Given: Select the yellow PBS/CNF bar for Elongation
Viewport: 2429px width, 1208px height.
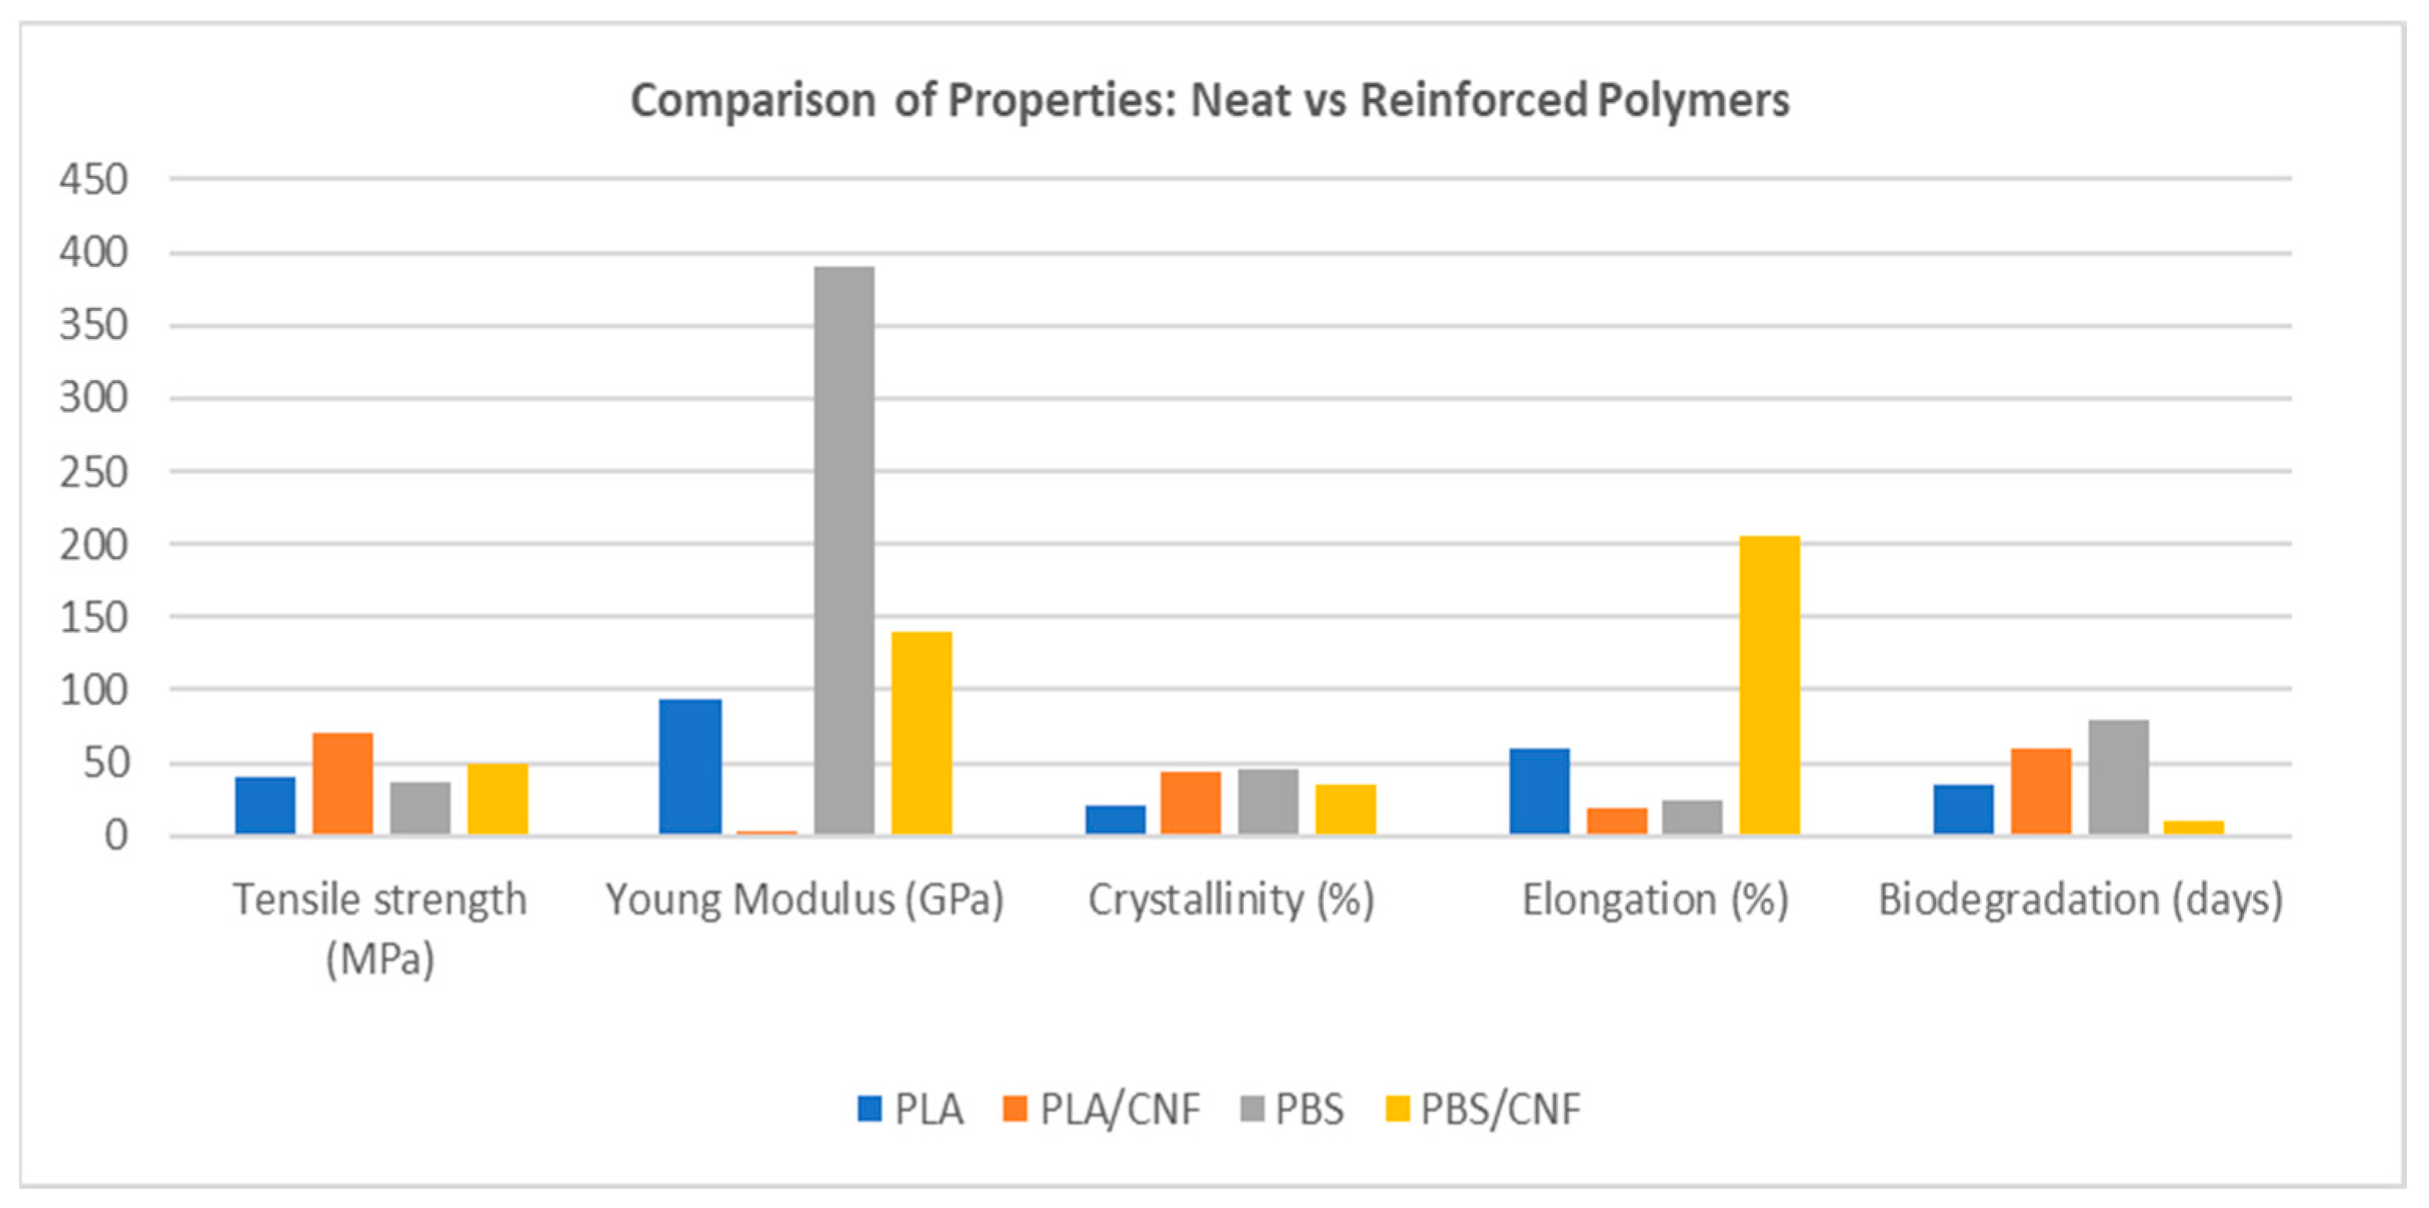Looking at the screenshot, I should (x=1769, y=684).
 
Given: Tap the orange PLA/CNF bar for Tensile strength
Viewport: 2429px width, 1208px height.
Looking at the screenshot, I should (x=342, y=783).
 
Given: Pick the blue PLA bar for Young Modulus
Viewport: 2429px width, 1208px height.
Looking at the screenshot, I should (x=690, y=766).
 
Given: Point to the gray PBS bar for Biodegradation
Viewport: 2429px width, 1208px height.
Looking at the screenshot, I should (x=2118, y=777).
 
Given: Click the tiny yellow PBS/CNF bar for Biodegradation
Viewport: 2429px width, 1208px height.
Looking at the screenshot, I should (x=2194, y=828).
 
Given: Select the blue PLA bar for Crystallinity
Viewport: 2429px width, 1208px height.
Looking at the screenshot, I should (x=1114, y=819).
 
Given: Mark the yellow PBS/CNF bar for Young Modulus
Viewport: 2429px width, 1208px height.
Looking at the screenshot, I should (x=921, y=732).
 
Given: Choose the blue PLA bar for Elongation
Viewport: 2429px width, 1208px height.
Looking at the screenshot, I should (x=1539, y=791).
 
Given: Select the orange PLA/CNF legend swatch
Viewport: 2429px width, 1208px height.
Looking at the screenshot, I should (x=1015, y=1109).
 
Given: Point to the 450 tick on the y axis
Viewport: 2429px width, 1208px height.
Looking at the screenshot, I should (x=93, y=179).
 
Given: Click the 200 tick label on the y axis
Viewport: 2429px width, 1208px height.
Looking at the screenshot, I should (x=93, y=545).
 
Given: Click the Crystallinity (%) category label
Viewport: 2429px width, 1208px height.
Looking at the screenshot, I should (x=1231, y=900).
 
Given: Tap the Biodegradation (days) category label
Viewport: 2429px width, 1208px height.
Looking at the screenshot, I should (x=2080, y=900).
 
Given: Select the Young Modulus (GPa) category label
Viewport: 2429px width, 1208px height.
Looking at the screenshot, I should (x=804, y=900).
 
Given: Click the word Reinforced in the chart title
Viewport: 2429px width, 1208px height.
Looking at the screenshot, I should (x=1473, y=100).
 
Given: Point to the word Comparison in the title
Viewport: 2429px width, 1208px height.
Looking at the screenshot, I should (x=753, y=100).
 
